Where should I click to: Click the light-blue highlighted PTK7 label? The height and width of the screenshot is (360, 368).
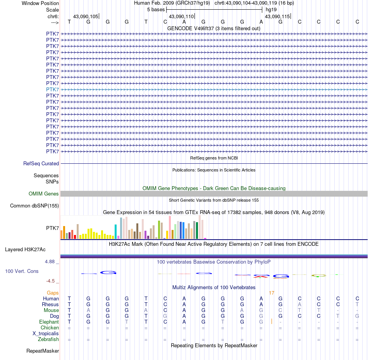click(53, 89)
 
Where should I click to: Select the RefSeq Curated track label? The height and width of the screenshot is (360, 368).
click(41, 164)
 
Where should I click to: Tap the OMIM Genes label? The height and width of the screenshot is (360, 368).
click(44, 194)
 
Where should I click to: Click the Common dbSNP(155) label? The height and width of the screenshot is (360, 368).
click(34, 206)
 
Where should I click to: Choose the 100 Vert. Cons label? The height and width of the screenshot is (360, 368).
click(22, 271)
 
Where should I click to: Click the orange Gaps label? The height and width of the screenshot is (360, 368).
click(53, 293)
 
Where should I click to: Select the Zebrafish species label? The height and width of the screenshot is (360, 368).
click(48, 339)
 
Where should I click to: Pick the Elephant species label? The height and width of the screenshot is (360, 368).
click(49, 322)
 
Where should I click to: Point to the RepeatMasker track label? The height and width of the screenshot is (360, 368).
click(43, 351)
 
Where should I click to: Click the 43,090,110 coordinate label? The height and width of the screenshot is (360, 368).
click(181, 17)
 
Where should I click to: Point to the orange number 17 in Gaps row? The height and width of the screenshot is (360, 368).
click(272, 293)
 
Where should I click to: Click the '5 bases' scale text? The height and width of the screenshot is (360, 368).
click(156, 9)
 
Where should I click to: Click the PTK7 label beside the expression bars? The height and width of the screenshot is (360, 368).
click(53, 228)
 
